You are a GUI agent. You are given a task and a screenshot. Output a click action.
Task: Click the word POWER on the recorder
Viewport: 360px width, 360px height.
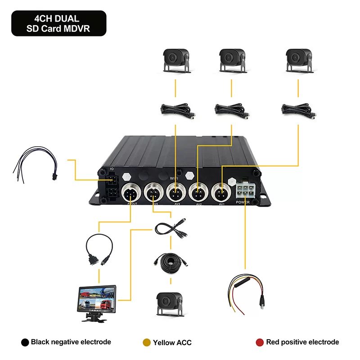click(243, 203)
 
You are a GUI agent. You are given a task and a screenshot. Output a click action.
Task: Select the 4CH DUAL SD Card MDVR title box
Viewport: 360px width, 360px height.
click(58, 23)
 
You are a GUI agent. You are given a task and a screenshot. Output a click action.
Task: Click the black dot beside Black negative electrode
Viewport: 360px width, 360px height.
click(25, 342)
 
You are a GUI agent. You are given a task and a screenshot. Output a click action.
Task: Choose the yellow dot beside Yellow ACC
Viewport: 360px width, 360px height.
click(146, 342)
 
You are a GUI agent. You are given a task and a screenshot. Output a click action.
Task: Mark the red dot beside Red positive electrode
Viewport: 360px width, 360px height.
click(260, 342)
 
